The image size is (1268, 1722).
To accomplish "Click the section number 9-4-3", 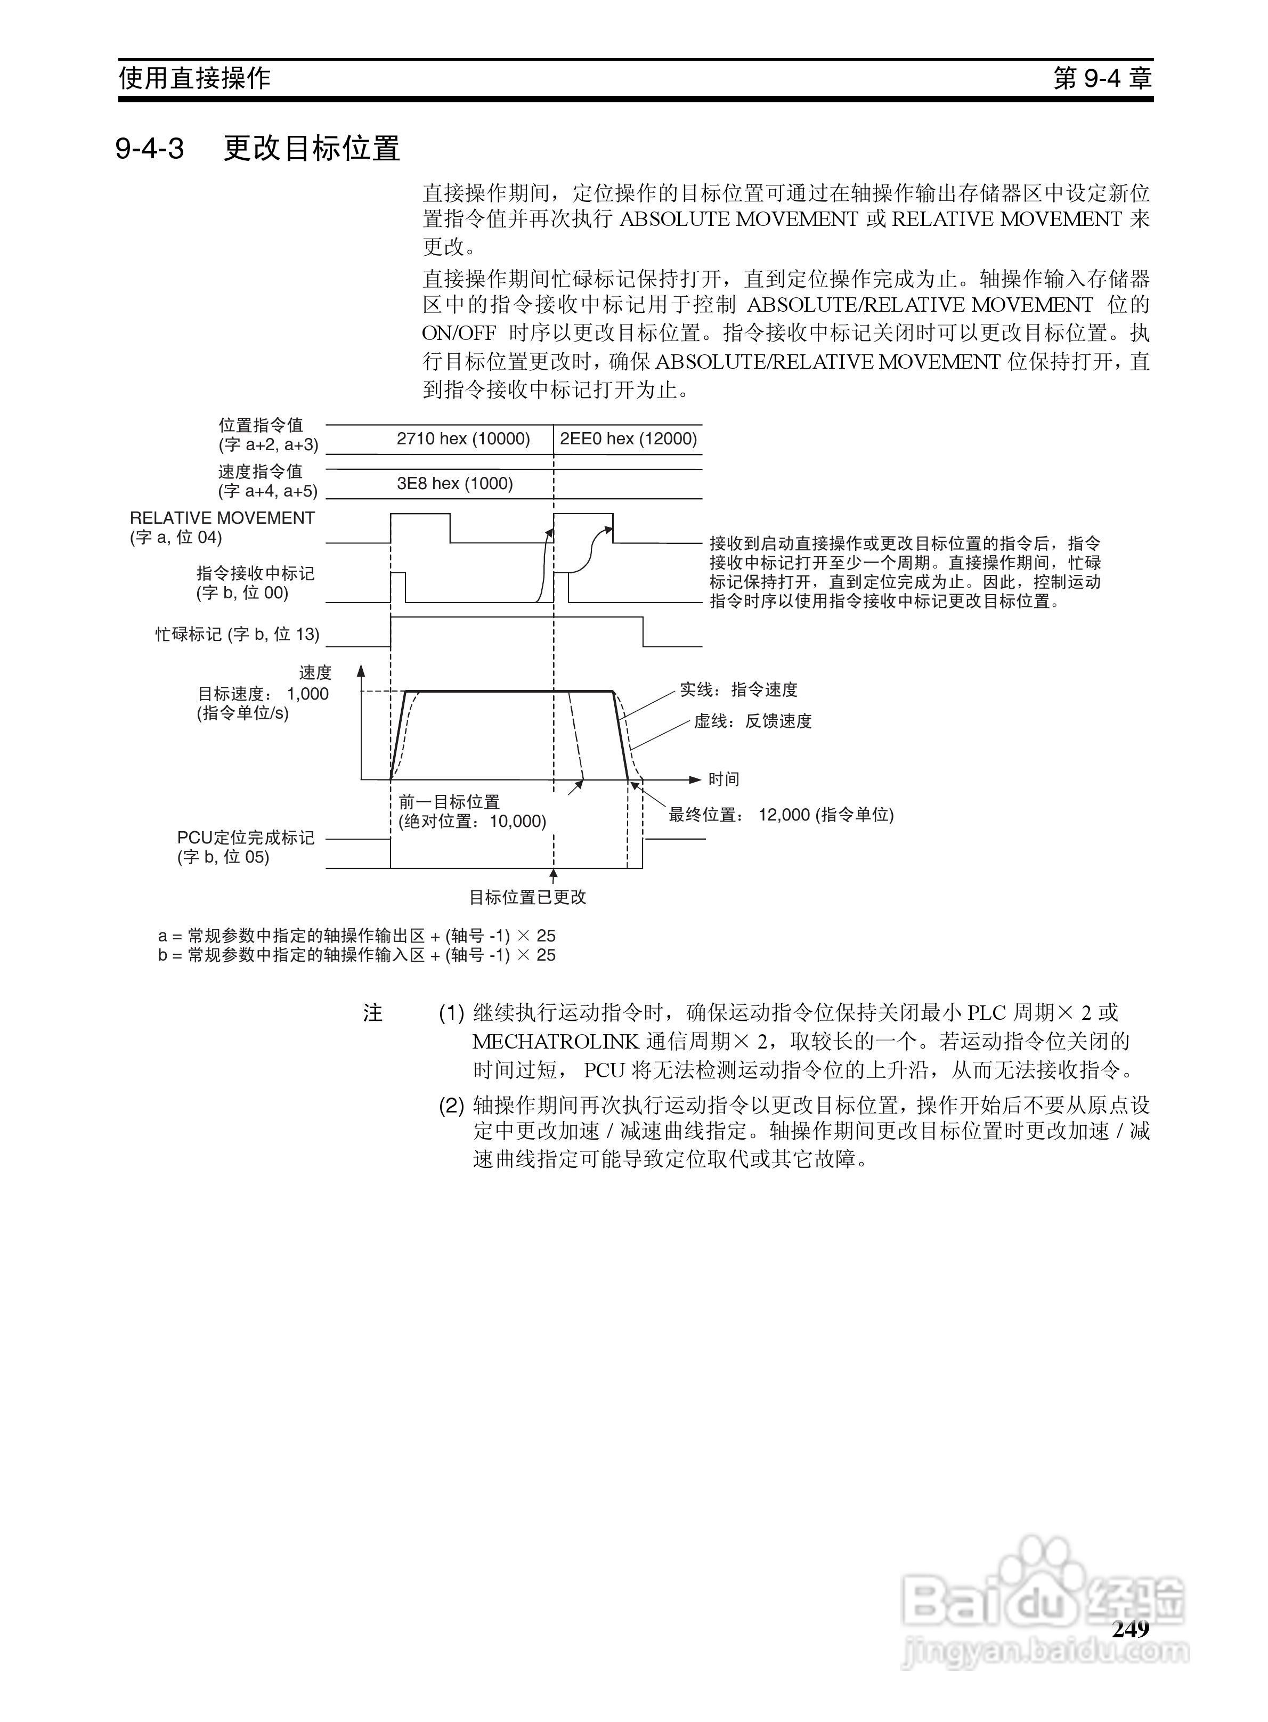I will (150, 148).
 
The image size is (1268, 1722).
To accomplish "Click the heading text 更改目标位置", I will (312, 148).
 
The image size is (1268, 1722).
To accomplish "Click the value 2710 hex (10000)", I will (463, 439).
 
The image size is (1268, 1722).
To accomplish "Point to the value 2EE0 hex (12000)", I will (628, 439).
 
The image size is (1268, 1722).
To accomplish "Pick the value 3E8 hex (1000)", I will (454, 483).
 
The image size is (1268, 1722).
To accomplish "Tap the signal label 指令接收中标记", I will (256, 574).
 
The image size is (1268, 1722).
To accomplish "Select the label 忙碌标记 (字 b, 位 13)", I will (237, 634).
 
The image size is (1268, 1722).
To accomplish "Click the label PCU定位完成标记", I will (246, 838).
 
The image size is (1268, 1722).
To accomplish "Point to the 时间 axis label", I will (723, 779).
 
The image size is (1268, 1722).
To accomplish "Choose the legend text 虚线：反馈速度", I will (753, 721).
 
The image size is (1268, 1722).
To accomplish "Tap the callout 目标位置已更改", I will (527, 897).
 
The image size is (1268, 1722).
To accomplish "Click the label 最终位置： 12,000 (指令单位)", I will (781, 815).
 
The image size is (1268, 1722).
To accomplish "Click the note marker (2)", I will (451, 1106).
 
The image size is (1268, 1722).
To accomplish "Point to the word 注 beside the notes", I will (373, 1014).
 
